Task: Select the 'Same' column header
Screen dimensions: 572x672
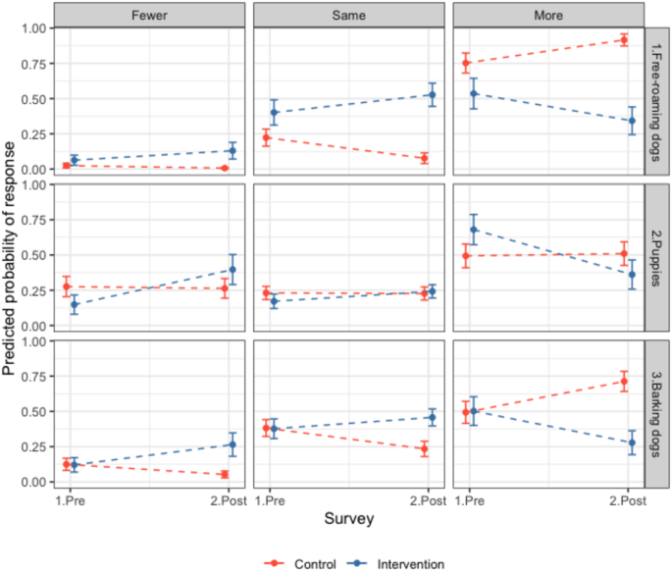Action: point(348,16)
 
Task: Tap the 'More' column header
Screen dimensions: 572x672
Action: point(547,16)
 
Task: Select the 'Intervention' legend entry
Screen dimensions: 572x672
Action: point(399,563)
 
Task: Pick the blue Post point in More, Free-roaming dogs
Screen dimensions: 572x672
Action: point(632,121)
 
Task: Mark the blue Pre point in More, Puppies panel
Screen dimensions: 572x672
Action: point(475,230)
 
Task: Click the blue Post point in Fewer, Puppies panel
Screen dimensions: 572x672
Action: point(233,269)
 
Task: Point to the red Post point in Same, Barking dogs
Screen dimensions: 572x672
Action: point(424,449)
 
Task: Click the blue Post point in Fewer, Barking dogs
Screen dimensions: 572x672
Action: point(233,444)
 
